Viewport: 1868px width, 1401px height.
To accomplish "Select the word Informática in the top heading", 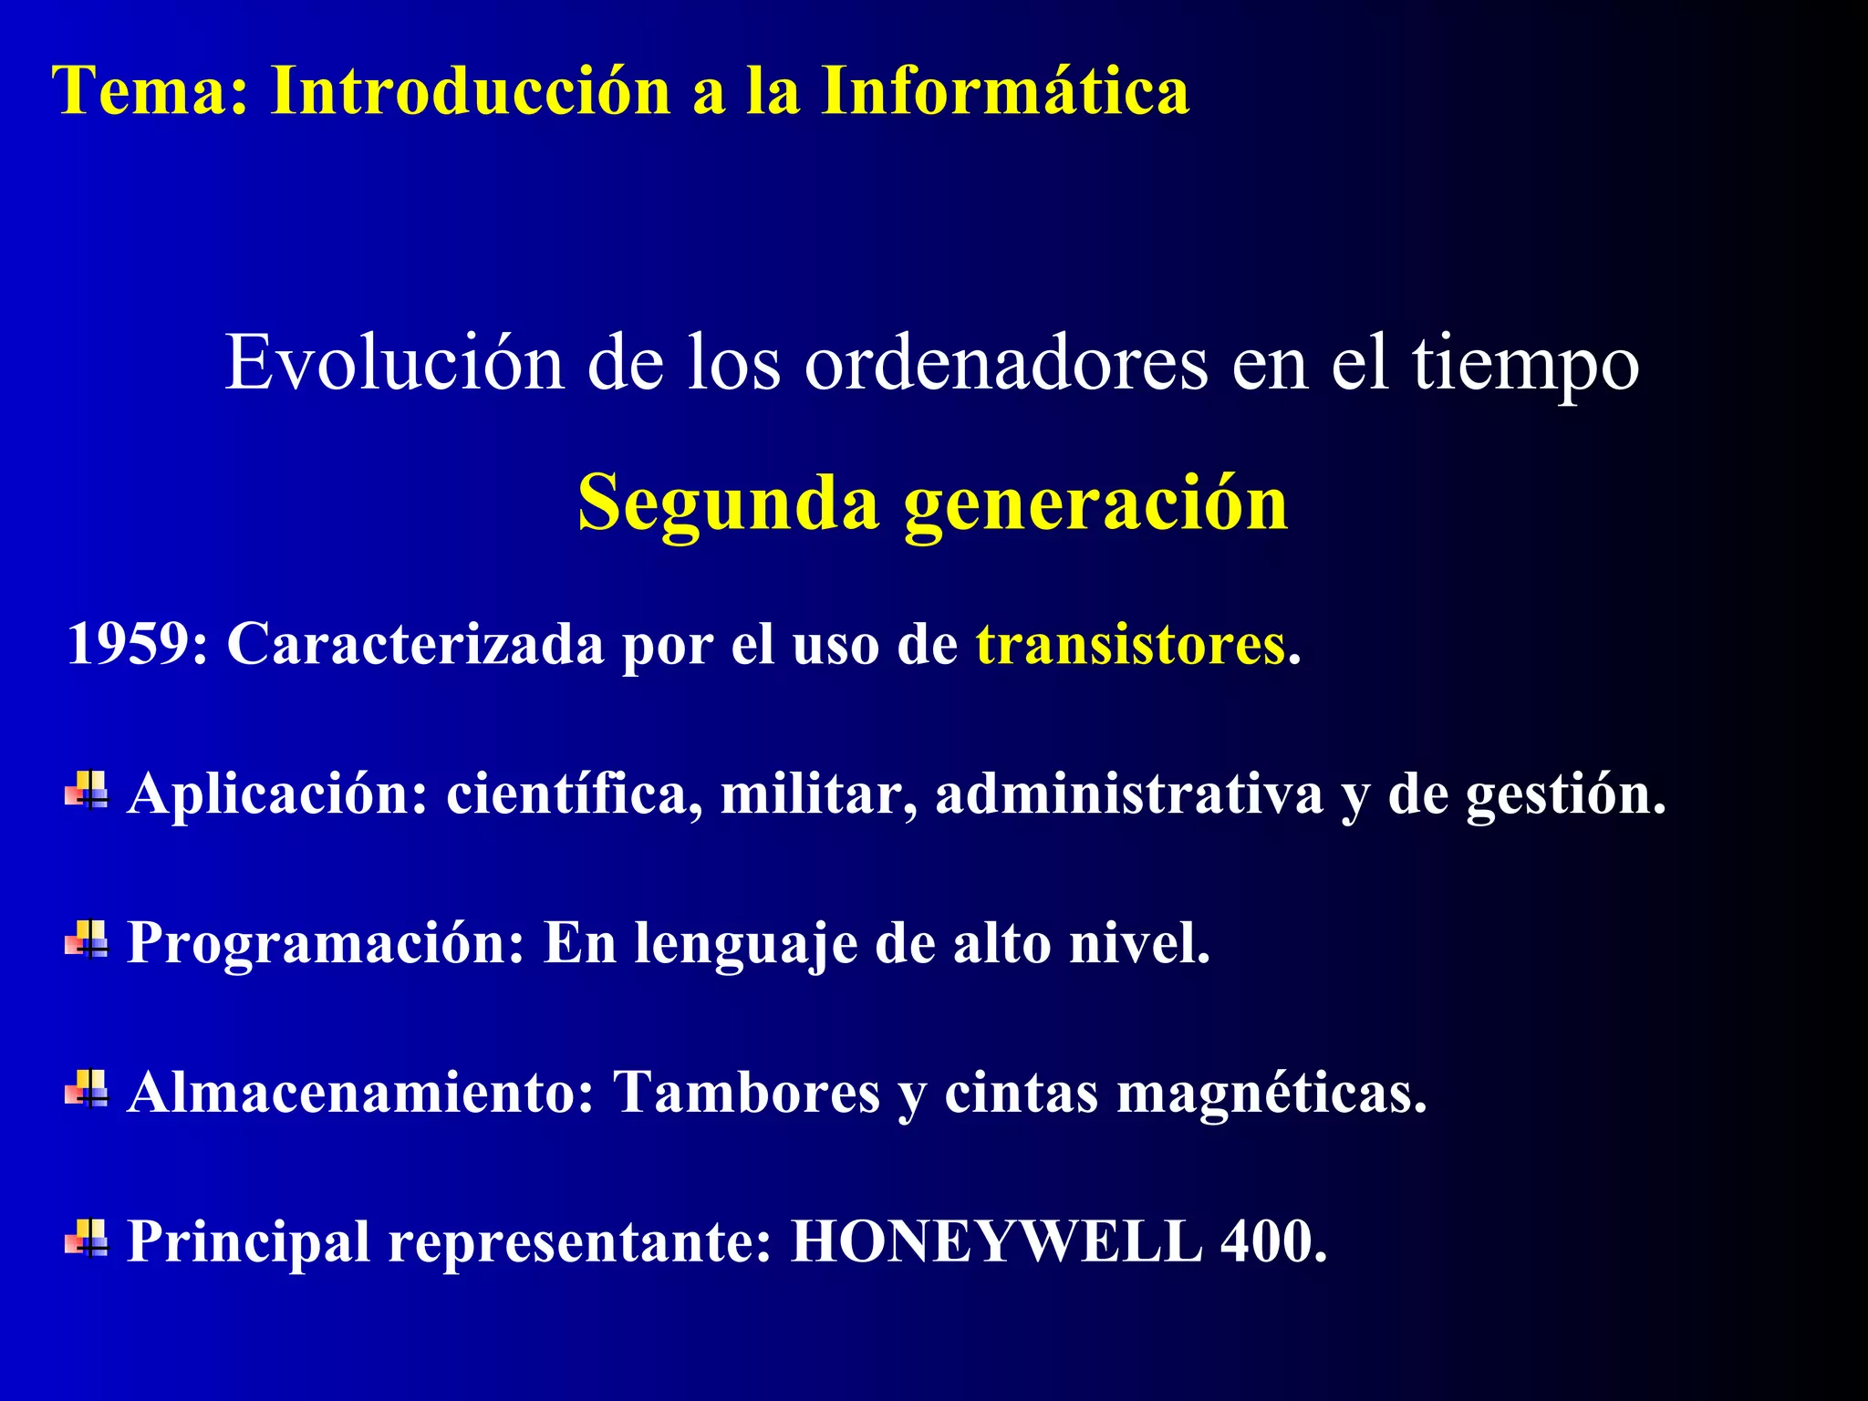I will pos(1004,90).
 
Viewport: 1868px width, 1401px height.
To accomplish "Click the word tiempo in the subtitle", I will pos(1526,364).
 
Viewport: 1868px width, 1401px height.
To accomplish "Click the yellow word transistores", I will pos(1130,644).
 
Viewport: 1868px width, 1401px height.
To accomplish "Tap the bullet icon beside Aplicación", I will pos(87,790).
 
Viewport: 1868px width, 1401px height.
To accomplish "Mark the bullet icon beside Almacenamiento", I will pos(87,1088).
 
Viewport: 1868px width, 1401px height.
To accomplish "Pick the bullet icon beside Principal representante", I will pos(87,1238).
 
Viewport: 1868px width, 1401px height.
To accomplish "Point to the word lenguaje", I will pos(746,945).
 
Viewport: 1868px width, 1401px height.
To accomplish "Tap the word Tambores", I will pos(746,1092).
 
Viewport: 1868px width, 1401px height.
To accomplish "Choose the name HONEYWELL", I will pos(996,1241).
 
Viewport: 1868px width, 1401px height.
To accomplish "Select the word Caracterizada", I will pos(415,644).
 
